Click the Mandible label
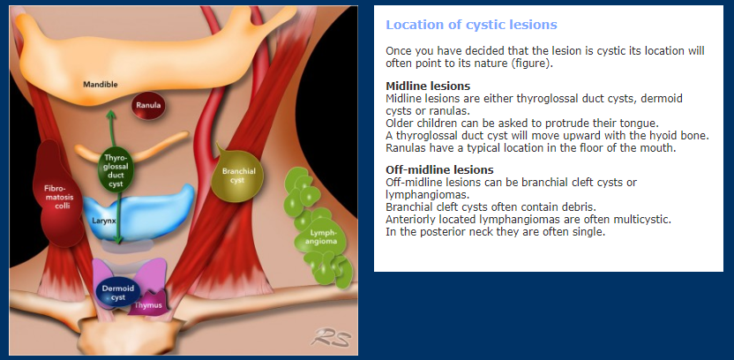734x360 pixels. click(101, 85)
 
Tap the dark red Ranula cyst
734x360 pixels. click(148, 106)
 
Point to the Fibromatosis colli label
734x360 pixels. click(56, 197)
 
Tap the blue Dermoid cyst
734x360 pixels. click(118, 292)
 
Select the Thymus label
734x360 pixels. click(148, 305)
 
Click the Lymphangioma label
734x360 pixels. click(323, 236)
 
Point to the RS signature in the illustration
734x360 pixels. click(331, 337)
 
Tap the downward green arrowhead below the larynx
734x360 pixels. click(118, 239)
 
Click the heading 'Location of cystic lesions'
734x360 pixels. click(471, 25)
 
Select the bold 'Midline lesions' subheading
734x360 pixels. click(428, 86)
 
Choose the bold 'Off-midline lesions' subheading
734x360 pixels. click(439, 169)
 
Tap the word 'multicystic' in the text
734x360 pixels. click(647, 219)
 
